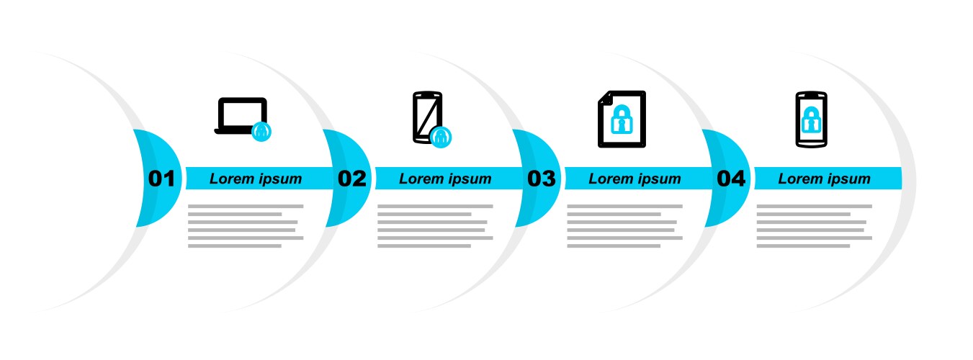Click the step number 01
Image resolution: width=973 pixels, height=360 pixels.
[x=161, y=179]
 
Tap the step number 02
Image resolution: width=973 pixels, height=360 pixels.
[x=352, y=179]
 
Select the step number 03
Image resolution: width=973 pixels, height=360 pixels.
[x=541, y=179]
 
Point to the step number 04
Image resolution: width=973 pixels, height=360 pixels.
[x=731, y=179]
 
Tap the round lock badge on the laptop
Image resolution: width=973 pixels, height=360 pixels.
[x=261, y=132]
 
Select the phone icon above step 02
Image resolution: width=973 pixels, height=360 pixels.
[x=428, y=117]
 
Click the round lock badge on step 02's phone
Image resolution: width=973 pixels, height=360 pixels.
[x=441, y=138]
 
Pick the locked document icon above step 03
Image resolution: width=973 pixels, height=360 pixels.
[x=622, y=119]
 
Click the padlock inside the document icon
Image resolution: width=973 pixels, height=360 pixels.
[x=622, y=120]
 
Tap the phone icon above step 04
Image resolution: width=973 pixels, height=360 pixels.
[x=812, y=120]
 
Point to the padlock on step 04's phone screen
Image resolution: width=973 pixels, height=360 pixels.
[x=811, y=120]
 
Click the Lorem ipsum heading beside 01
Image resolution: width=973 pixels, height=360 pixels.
[x=256, y=179]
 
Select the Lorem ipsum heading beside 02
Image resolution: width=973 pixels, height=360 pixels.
[x=445, y=179]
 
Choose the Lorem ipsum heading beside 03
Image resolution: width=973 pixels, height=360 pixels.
[x=635, y=179]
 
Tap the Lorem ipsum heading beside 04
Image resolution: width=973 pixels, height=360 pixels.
[x=825, y=179]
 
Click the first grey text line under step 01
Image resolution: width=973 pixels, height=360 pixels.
[x=246, y=206]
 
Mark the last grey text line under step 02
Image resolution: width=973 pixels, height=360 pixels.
[x=424, y=246]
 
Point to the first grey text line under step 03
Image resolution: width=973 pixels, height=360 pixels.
[x=624, y=206]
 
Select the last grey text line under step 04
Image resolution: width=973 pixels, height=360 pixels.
[x=803, y=246]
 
